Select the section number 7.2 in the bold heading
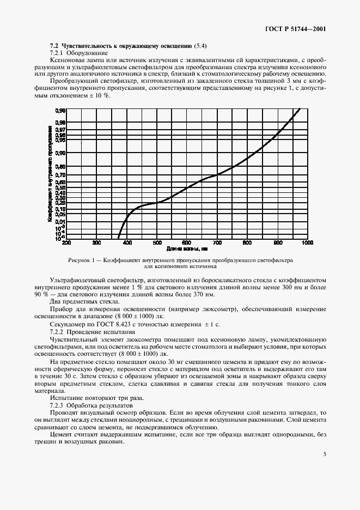54,46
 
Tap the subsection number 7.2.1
57,53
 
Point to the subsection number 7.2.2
57,332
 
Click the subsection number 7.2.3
57,406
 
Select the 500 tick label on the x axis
157,243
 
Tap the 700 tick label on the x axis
217,243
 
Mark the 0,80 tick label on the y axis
60,167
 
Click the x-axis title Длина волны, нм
187,249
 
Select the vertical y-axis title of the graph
50,173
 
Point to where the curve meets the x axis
119,238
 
